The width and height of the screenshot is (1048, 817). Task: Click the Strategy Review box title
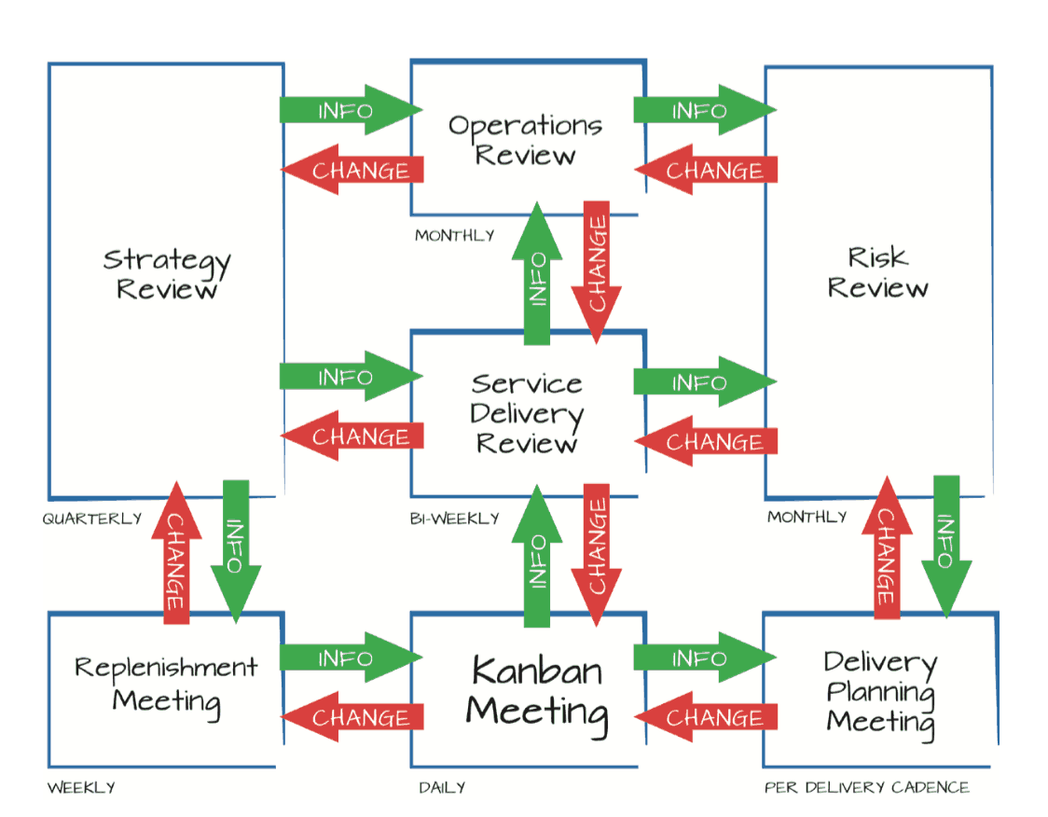coord(166,272)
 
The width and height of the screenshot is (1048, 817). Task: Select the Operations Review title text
coord(525,140)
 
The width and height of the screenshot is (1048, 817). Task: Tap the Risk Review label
coord(877,271)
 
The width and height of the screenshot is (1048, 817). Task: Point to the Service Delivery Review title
coord(527,413)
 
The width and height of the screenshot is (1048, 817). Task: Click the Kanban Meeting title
coord(536,691)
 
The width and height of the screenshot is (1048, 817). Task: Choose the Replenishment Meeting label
coord(166,685)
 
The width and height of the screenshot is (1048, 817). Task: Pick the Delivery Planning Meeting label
coord(880,692)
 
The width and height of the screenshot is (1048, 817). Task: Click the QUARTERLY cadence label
coord(91,519)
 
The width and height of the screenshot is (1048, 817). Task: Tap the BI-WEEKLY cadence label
coord(454,519)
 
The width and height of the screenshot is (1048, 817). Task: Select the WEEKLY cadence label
coord(82,788)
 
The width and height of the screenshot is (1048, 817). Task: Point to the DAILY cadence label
coord(442,788)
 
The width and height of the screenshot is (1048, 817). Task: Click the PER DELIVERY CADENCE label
coord(866,788)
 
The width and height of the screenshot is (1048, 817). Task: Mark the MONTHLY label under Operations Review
coord(454,236)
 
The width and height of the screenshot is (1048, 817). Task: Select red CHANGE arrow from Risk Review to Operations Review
coord(708,171)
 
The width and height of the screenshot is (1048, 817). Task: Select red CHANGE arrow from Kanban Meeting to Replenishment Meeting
coord(354,717)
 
